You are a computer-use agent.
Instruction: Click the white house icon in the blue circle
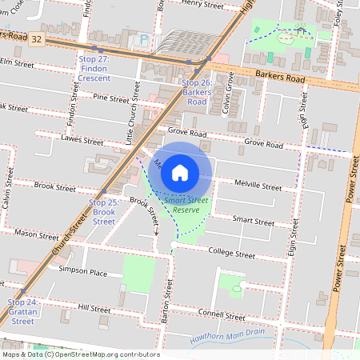point(180,172)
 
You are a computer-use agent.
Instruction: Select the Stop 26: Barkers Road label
point(195,92)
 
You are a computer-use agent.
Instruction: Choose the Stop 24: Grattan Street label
point(22,311)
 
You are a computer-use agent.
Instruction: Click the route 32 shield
point(37,48)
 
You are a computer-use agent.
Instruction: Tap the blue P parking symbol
point(144,38)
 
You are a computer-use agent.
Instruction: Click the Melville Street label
point(258,186)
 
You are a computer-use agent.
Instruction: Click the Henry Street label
point(202,4)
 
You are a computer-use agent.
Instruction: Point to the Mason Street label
point(36,234)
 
